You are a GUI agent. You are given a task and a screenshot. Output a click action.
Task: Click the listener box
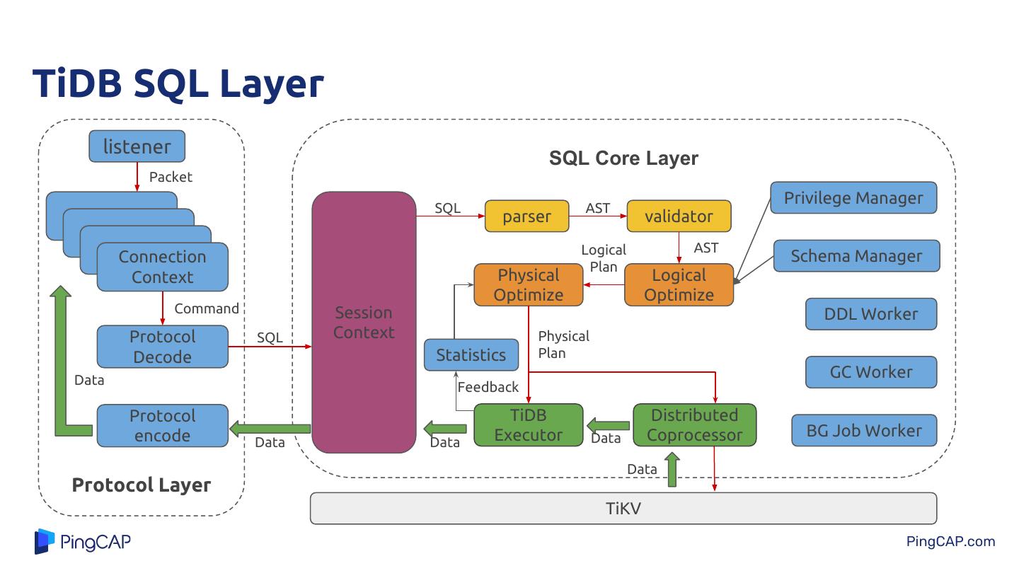137,147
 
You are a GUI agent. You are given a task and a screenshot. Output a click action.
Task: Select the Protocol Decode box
162,347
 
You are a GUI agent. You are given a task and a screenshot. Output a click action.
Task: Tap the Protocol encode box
162,426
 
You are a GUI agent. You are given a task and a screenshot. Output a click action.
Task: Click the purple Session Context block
364,323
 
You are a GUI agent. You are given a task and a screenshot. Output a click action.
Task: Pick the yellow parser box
526,216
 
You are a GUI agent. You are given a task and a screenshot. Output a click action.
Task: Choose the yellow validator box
679,216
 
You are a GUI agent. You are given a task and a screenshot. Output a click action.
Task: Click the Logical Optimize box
679,285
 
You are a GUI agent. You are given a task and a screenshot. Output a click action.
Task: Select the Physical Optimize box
528,285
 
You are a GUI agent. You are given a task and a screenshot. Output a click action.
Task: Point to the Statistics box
471,355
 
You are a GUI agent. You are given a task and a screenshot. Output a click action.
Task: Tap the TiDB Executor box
528,425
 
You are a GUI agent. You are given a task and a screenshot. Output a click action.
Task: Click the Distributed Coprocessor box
694,425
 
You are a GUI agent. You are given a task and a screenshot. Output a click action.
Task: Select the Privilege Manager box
853,198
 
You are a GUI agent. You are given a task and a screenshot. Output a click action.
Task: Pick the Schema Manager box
856,256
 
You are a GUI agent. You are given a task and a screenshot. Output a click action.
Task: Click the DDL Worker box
871,314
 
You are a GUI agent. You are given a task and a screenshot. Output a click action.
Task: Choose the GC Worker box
871,372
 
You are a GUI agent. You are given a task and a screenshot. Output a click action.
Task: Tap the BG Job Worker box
864,430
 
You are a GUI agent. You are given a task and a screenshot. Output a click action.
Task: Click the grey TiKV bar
623,509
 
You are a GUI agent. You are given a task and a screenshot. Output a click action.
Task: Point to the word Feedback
488,387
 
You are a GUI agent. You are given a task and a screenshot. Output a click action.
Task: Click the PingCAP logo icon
44,541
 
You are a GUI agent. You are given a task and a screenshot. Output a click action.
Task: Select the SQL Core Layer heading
623,158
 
